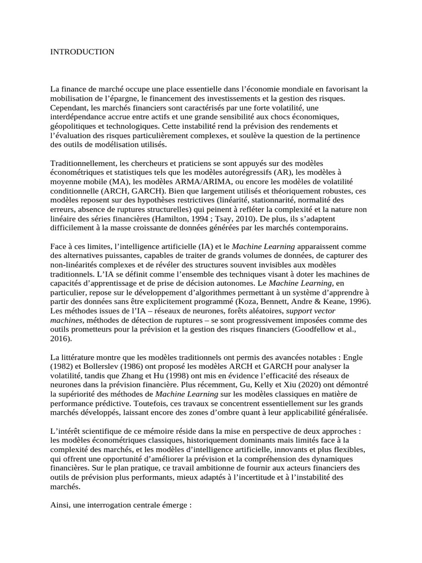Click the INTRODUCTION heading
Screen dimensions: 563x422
tap(82, 52)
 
